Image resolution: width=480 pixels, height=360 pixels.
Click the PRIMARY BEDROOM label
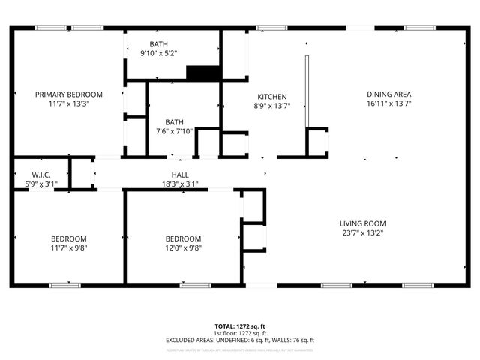pyautogui.click(x=69, y=94)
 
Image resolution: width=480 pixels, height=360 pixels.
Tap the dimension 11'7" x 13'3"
pyautogui.click(x=69, y=104)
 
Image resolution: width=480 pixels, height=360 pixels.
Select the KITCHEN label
pyautogui.click(x=272, y=97)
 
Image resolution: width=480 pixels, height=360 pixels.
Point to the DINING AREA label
pyautogui.click(x=388, y=94)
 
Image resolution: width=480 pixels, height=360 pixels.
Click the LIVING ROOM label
pyautogui.click(x=362, y=223)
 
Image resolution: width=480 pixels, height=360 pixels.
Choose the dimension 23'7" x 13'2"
pyautogui.click(x=362, y=233)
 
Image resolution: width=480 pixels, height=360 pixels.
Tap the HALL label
pyautogui.click(x=180, y=173)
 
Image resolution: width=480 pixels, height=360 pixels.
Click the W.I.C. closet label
pyautogui.click(x=30, y=174)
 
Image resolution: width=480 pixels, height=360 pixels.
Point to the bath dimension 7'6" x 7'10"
pyautogui.click(x=174, y=131)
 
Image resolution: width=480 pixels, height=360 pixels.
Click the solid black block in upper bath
pyautogui.click(x=202, y=73)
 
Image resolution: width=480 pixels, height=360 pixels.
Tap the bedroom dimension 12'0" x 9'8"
pyautogui.click(x=183, y=248)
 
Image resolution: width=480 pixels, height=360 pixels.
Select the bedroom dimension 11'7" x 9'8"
pyautogui.click(x=69, y=248)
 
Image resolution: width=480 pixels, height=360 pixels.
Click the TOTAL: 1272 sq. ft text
pyautogui.click(x=240, y=327)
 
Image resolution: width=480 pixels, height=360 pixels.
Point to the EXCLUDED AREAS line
pyautogui.click(x=240, y=340)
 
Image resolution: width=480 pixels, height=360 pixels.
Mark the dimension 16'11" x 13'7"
pyautogui.click(x=388, y=104)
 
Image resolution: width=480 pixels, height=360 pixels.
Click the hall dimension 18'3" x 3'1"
pyautogui.click(x=180, y=183)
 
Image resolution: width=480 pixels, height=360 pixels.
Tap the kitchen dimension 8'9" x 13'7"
pyautogui.click(x=272, y=106)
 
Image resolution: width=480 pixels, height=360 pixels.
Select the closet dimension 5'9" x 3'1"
pyautogui.click(x=30, y=184)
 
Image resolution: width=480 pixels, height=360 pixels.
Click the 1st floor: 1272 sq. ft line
pyautogui.click(x=240, y=334)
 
